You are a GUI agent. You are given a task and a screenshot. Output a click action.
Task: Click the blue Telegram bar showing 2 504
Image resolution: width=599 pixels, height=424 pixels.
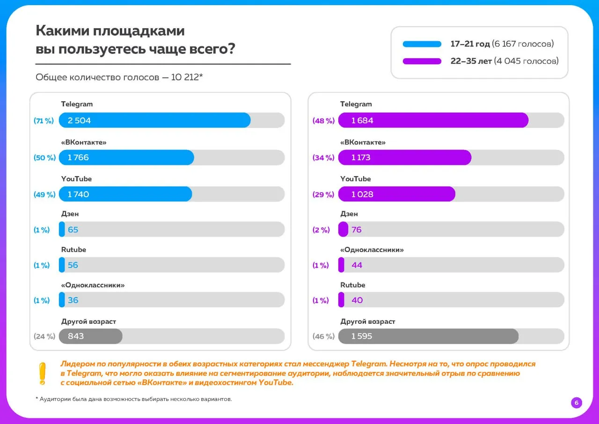pyautogui.click(x=154, y=120)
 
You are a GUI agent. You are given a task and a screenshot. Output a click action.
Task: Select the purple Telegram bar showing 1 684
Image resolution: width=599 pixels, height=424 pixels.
pyautogui.click(x=433, y=120)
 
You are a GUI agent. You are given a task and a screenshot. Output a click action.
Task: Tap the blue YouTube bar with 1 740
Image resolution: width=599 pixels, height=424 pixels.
pyautogui.click(x=125, y=194)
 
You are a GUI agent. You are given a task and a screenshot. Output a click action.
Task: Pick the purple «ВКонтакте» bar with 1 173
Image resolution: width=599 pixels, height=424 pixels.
pyautogui.click(x=405, y=157)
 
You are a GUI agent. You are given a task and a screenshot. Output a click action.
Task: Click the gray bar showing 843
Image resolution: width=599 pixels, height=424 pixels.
pyautogui.click(x=91, y=336)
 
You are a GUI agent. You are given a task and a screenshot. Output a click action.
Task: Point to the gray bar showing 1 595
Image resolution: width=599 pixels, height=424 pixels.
pyautogui.click(x=428, y=336)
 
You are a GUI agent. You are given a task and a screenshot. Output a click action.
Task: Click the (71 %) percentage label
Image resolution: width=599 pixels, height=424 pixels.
pyautogui.click(x=44, y=121)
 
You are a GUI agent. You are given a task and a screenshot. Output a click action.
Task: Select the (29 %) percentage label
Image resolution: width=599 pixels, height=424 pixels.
pyautogui.click(x=323, y=194)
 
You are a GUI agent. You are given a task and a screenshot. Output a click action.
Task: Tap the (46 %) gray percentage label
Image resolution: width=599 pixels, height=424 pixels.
pyautogui.click(x=323, y=336)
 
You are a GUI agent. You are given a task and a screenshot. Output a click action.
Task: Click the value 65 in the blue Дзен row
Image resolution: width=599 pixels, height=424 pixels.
pyautogui.click(x=73, y=230)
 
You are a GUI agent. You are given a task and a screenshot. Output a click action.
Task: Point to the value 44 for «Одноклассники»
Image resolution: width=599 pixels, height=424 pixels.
pyautogui.click(x=357, y=265)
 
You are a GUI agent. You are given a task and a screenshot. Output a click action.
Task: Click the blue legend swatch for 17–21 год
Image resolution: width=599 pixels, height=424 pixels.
pyautogui.click(x=422, y=44)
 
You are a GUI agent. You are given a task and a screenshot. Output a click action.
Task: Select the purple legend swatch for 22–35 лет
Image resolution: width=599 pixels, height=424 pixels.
pyautogui.click(x=422, y=61)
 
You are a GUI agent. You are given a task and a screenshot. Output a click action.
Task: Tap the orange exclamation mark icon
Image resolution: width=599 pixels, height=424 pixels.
pyautogui.click(x=42, y=374)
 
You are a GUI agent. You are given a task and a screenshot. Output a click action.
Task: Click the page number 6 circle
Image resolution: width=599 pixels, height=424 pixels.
pyautogui.click(x=576, y=403)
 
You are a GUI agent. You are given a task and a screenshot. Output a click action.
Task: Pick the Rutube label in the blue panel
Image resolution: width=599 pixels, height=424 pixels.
pyautogui.click(x=73, y=249)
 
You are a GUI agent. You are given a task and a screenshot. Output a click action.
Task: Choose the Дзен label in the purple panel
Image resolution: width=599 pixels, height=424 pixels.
pyautogui.click(x=349, y=214)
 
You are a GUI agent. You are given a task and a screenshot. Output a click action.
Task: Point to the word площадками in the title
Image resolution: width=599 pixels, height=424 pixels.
pyautogui.click(x=139, y=31)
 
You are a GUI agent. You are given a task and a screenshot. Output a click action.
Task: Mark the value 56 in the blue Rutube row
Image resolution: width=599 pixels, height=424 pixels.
pyautogui.click(x=73, y=265)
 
